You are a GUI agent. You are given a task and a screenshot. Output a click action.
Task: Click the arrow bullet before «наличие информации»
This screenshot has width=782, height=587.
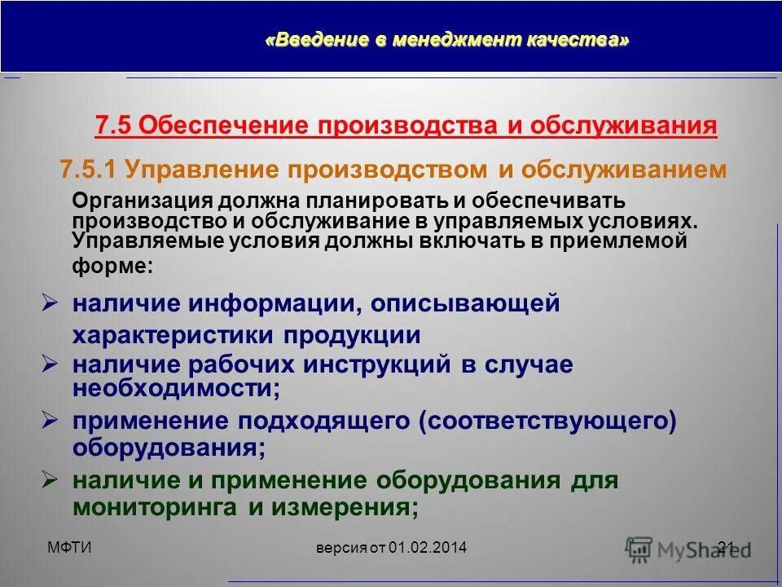coord(50,303)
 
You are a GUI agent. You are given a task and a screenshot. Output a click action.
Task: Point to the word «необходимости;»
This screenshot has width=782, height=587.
coord(176,389)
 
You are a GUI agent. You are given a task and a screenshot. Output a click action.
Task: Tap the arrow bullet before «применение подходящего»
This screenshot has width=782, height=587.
coord(50,420)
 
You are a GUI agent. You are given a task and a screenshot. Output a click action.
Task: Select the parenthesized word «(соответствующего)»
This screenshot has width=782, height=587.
coord(547,421)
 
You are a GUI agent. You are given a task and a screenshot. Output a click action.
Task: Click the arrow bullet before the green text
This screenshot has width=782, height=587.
coord(50,479)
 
